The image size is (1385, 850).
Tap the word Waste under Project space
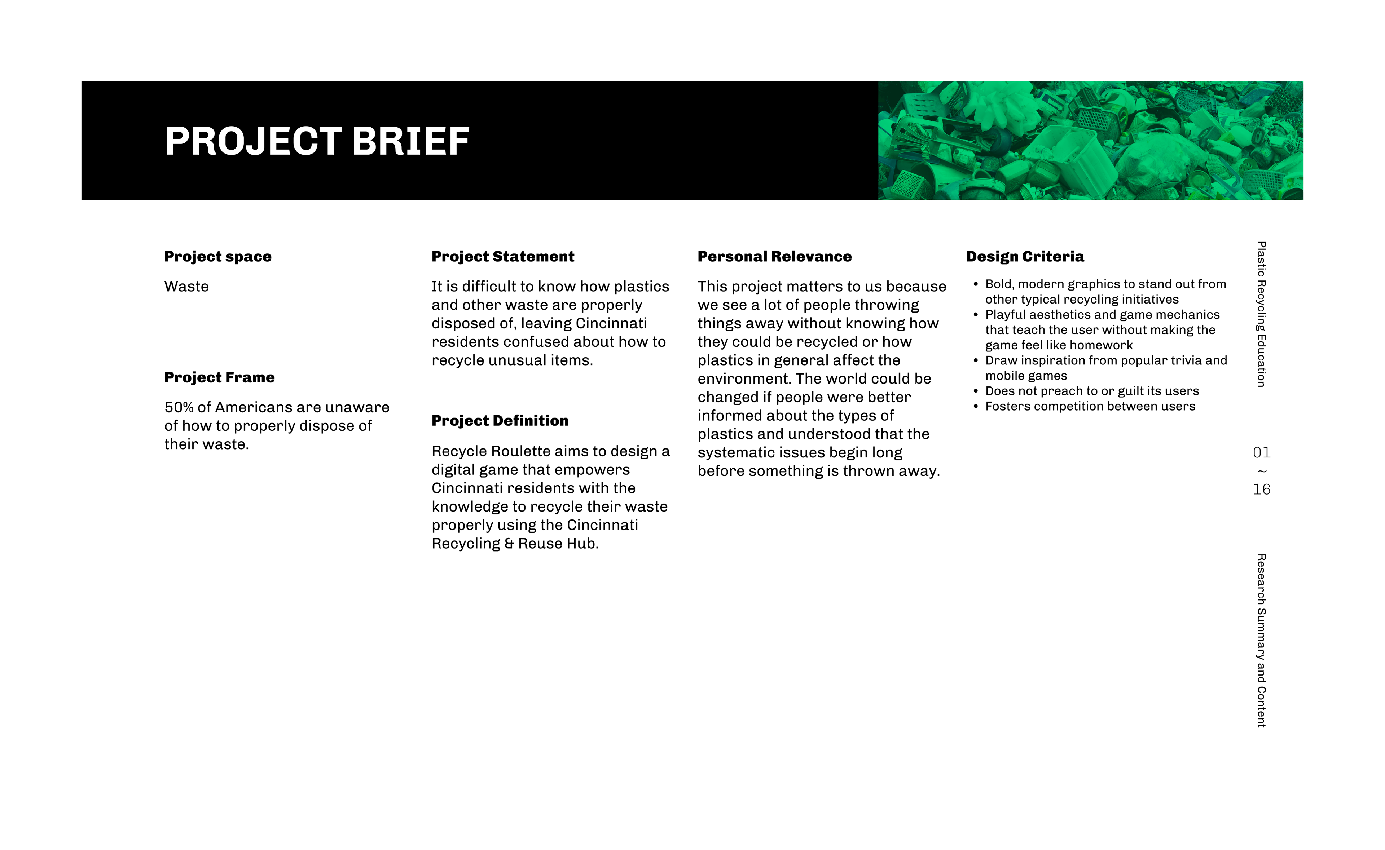pyautogui.click(x=186, y=287)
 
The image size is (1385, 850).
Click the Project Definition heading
pyautogui.click(x=500, y=421)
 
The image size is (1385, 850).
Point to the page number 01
pyautogui.click(x=1261, y=452)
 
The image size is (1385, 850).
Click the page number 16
pyautogui.click(x=1261, y=489)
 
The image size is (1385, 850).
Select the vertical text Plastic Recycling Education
pyautogui.click(x=1261, y=314)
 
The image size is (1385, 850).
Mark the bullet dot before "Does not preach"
pyautogui.click(x=976, y=391)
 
